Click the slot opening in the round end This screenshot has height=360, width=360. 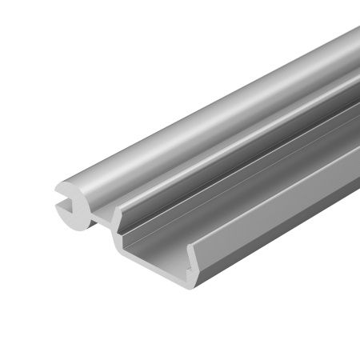[60, 206]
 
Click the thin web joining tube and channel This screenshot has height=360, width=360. [98, 220]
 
